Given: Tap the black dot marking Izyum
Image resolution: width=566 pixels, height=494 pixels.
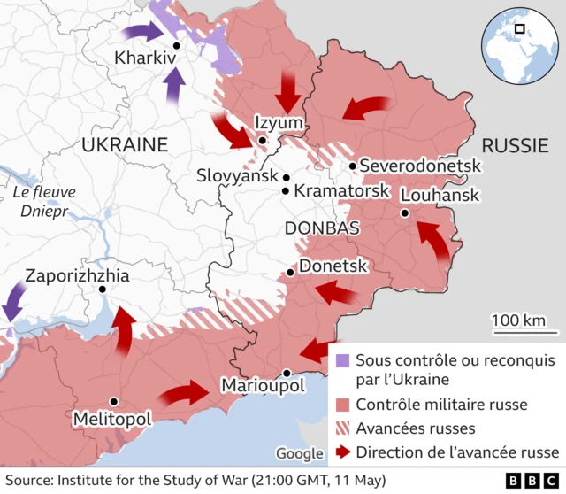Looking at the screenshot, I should pyautogui.click(x=263, y=140).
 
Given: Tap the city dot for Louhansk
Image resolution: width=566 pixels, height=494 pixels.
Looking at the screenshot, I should pyautogui.click(x=404, y=212).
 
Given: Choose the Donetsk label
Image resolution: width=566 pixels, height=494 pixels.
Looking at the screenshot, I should pyautogui.click(x=334, y=265).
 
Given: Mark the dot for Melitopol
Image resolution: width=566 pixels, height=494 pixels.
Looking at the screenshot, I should pyautogui.click(x=113, y=401).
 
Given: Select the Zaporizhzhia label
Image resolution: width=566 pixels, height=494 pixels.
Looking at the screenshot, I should pyautogui.click(x=78, y=276).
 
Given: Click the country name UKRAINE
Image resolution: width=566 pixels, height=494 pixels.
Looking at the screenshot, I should pyautogui.click(x=124, y=144).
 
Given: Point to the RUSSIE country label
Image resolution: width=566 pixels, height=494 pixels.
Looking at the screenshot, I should pyautogui.click(x=516, y=145).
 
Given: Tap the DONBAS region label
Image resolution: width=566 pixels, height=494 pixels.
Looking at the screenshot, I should pyautogui.click(x=322, y=228).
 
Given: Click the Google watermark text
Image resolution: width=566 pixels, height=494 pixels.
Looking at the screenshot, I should pyautogui.click(x=299, y=453).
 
